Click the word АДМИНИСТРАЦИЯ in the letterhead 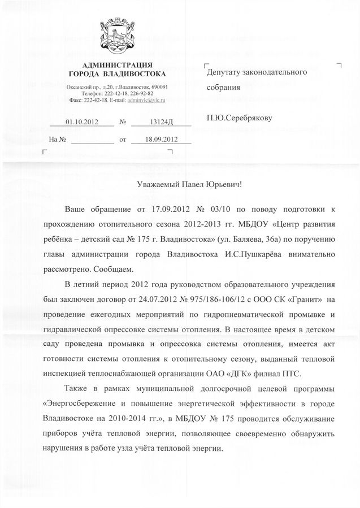coord(117,66)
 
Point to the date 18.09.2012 coord(161,138)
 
